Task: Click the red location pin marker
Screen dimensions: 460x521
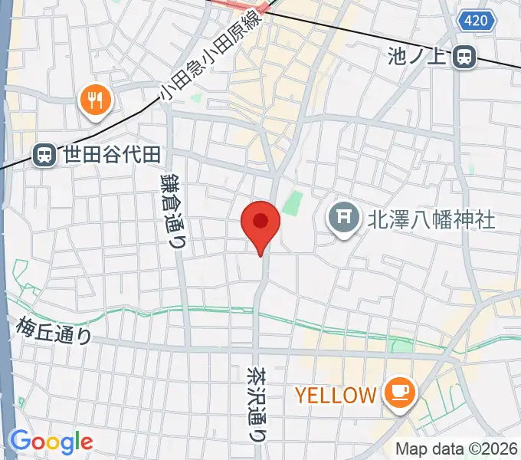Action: pyautogui.click(x=260, y=223)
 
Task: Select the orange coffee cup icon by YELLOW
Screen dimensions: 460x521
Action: pyautogui.click(x=400, y=394)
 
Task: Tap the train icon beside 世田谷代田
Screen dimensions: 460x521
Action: pyautogui.click(x=45, y=155)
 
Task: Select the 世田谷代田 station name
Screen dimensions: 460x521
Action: pyautogui.click(x=112, y=155)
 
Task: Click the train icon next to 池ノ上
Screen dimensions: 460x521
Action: pyautogui.click(x=464, y=56)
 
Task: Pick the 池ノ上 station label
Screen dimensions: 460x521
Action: pyautogui.click(x=420, y=56)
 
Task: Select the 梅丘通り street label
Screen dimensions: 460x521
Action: pyautogui.click(x=53, y=331)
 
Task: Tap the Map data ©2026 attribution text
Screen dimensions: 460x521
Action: pyautogui.click(x=457, y=449)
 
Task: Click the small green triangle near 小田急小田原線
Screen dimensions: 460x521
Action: pyautogui.click(x=197, y=98)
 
